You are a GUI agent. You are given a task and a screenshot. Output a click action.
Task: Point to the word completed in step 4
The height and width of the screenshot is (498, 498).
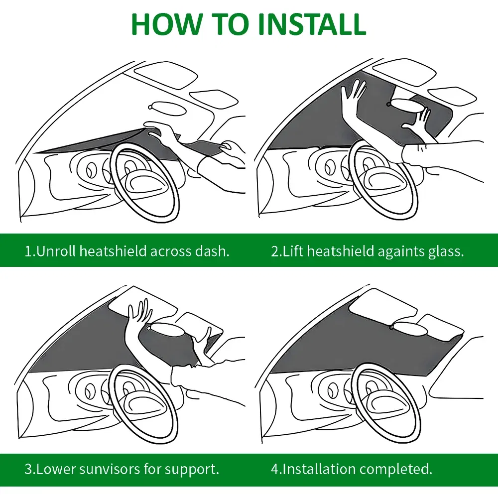[x=396, y=469]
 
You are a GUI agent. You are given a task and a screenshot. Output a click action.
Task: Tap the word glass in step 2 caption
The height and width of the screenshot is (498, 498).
[x=446, y=250]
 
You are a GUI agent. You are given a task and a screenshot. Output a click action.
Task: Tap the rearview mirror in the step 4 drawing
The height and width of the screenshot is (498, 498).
[x=409, y=327]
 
